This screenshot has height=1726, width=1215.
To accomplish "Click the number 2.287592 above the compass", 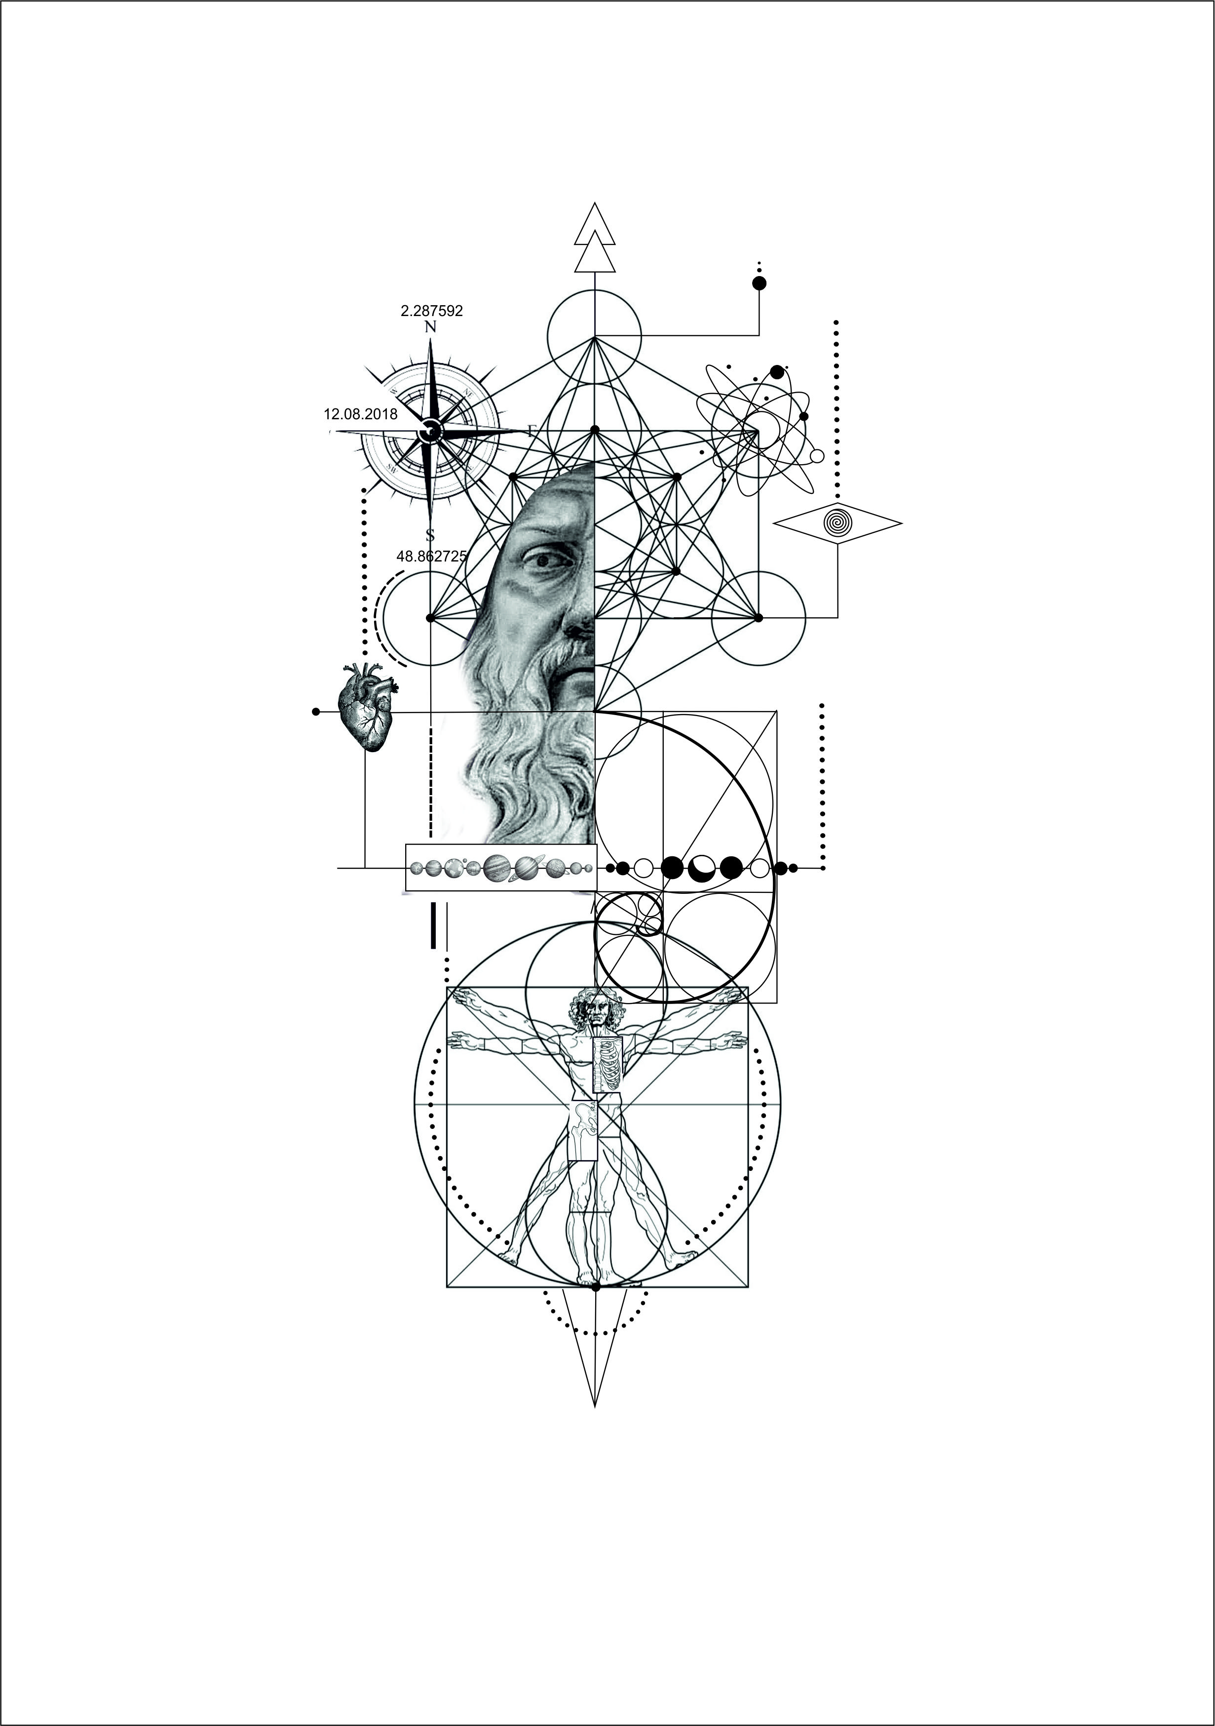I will point(431,311).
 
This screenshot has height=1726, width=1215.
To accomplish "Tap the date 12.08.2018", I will point(361,413).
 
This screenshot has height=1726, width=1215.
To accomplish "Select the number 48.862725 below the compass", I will point(431,556).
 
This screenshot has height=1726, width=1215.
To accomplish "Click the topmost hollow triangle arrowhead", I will point(594,226).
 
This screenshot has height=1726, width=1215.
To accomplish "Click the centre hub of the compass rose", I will point(430,432).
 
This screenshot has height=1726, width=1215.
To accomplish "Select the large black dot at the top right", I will point(759,283).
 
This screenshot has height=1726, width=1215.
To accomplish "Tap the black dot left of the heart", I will point(315,711).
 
